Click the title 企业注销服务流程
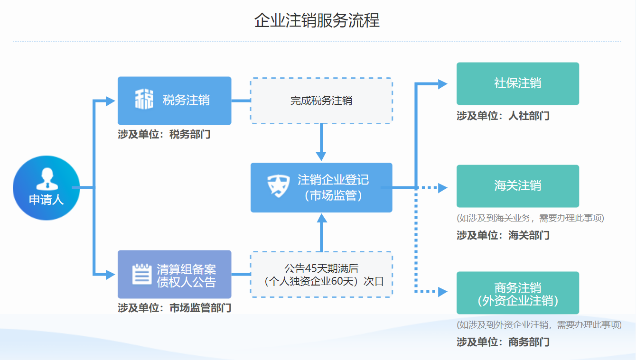(x=317, y=21)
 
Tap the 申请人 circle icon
(x=46, y=188)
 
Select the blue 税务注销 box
(x=174, y=101)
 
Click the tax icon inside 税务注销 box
(x=144, y=100)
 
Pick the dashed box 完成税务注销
(x=321, y=101)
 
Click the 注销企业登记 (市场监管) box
(x=321, y=187)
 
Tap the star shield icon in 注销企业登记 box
(x=278, y=185)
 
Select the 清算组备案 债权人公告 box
(x=174, y=274)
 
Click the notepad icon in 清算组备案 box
(x=141, y=274)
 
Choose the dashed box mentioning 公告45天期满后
(x=321, y=274)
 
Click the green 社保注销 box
(x=517, y=83)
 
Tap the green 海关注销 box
(x=517, y=185)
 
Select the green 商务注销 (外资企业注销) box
(x=517, y=293)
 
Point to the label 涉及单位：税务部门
(x=164, y=135)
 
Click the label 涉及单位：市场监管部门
(x=174, y=308)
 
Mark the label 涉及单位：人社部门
(x=503, y=116)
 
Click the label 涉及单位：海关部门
(x=503, y=235)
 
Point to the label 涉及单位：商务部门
(x=503, y=342)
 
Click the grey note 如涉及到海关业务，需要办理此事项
(x=530, y=218)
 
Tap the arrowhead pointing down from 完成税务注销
(x=321, y=156)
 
